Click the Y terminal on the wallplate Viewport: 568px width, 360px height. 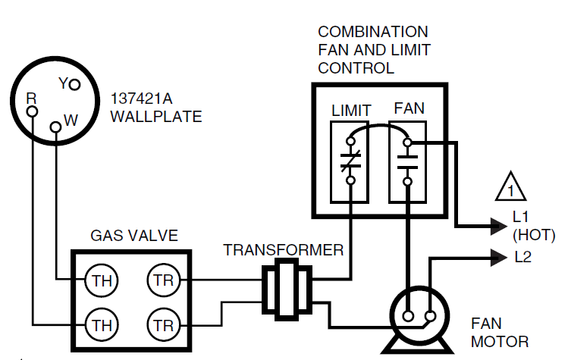[74, 85]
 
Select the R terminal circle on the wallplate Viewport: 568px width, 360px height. [32, 111]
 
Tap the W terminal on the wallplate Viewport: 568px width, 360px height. [55, 127]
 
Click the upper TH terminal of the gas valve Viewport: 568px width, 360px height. [99, 280]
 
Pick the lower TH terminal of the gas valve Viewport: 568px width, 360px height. [99, 326]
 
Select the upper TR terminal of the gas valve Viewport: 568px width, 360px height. [162, 280]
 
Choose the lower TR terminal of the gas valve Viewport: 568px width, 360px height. [162, 326]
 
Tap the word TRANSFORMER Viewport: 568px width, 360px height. [283, 250]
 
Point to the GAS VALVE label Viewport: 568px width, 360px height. [134, 236]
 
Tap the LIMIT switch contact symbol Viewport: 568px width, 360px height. [350, 161]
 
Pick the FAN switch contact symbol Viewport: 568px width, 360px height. [407, 161]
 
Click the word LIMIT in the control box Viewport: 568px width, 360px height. [351, 111]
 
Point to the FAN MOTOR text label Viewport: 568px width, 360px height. [499, 333]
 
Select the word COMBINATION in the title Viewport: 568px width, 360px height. [372, 33]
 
